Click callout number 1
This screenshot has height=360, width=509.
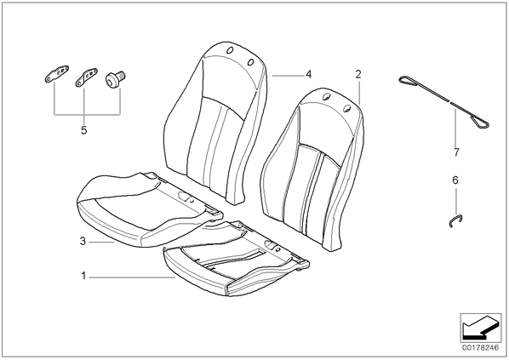[x=83, y=277]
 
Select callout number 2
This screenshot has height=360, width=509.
[x=358, y=74]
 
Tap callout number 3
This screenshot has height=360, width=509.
[x=83, y=241]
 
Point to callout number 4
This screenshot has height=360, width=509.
[x=308, y=74]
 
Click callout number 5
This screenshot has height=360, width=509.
[x=84, y=130]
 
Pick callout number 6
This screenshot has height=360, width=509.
[x=455, y=180]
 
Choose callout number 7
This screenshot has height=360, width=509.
[x=456, y=152]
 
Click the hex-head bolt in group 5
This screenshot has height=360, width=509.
[x=116, y=79]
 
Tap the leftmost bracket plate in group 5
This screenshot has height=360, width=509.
[x=56, y=74]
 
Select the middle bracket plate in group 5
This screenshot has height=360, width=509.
[x=86, y=78]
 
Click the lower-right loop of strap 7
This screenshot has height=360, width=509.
[x=481, y=122]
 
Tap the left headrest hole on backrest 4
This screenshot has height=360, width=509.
[x=230, y=50]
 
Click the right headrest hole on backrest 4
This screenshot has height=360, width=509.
[x=250, y=62]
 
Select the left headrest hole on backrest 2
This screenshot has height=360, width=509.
[x=327, y=96]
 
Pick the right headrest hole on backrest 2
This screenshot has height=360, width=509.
[x=347, y=109]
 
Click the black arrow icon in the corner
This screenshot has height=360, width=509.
[x=480, y=327]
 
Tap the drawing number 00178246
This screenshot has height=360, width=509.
[x=480, y=348]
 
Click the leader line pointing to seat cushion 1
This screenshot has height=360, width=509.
[x=133, y=277]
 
